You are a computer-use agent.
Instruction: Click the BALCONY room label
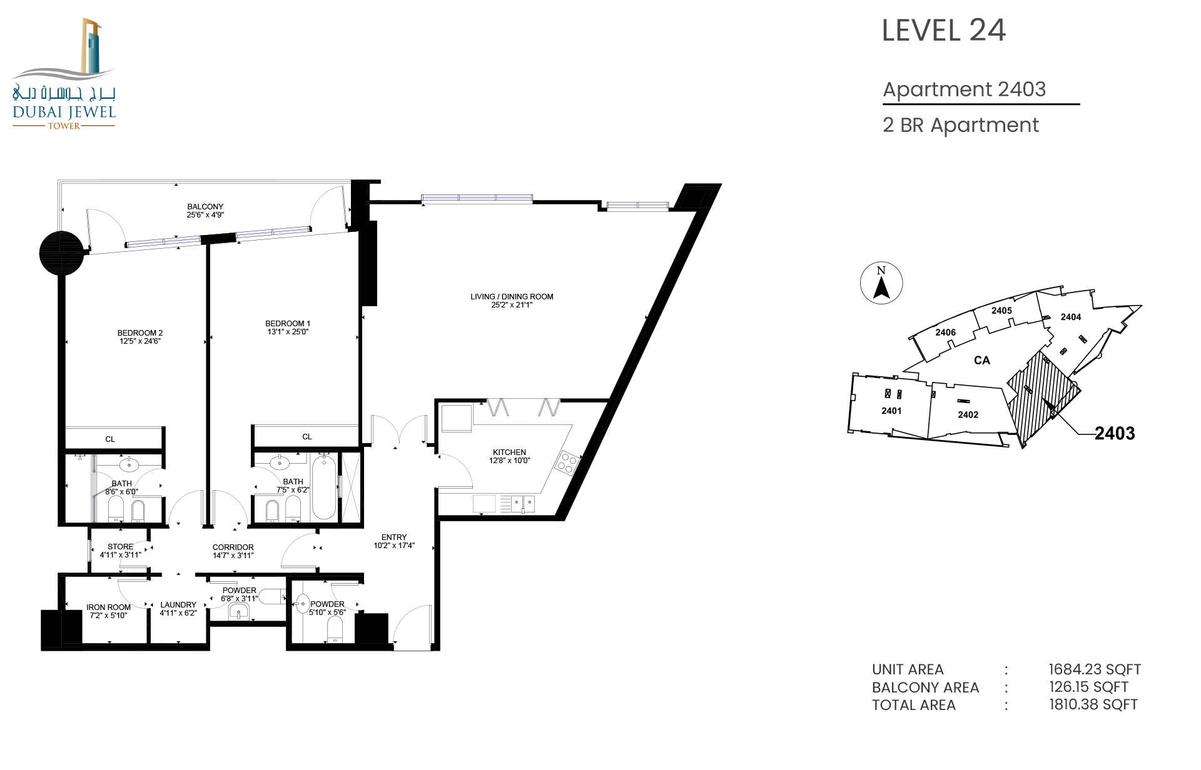pyautogui.click(x=205, y=207)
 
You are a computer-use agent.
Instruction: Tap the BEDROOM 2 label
pyautogui.click(x=140, y=333)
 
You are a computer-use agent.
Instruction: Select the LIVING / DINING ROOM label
pyautogui.click(x=512, y=297)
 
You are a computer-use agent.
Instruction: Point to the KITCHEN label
pyautogui.click(x=509, y=452)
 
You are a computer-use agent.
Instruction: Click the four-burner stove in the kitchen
pyautogui.click(x=567, y=463)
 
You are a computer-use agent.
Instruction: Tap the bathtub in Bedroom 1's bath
pyautogui.click(x=324, y=487)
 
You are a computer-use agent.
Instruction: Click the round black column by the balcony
pyautogui.click(x=61, y=253)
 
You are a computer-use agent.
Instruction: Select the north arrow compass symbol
pyautogui.click(x=881, y=283)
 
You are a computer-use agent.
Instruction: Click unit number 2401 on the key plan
pyautogui.click(x=891, y=411)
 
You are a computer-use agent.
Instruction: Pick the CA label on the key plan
pyautogui.click(x=982, y=361)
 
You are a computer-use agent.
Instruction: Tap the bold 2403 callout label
pyautogui.click(x=1115, y=433)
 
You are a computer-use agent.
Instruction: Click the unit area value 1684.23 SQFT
pyautogui.click(x=1095, y=669)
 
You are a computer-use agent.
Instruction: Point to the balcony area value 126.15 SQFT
pyautogui.click(x=1088, y=687)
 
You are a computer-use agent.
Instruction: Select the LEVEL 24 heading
pyautogui.click(x=943, y=30)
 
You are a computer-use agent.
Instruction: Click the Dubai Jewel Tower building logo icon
pyautogui.click(x=91, y=46)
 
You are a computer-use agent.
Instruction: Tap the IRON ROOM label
pyautogui.click(x=108, y=607)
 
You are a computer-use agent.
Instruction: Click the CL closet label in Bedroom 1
pyautogui.click(x=307, y=437)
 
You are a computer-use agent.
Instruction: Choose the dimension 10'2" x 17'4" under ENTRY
pyautogui.click(x=394, y=546)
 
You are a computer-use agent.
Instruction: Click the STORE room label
pyautogui.click(x=120, y=547)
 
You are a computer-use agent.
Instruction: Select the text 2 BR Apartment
pyautogui.click(x=961, y=126)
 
